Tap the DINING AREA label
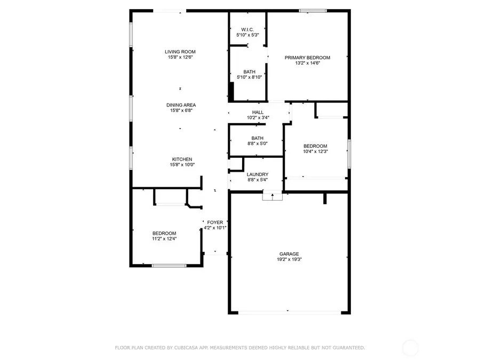click(x=181, y=105)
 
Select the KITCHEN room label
click(x=182, y=159)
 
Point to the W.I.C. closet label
click(x=247, y=29)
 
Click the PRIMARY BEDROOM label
click(x=307, y=58)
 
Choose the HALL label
click(x=258, y=112)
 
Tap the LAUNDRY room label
click(x=258, y=174)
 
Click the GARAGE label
click(x=289, y=254)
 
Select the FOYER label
click(x=215, y=222)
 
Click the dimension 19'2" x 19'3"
click(x=289, y=260)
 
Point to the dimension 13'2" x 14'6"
click(x=307, y=63)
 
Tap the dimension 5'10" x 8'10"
click(x=249, y=77)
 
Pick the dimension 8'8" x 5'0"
click(x=258, y=143)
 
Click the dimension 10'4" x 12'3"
click(x=315, y=151)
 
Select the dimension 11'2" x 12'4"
click(x=164, y=239)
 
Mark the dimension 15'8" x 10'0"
click(x=182, y=165)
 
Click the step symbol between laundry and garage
click(x=272, y=196)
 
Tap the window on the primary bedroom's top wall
click(x=313, y=10)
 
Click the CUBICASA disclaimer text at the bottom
click(x=240, y=348)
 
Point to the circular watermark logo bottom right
click(x=411, y=348)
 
